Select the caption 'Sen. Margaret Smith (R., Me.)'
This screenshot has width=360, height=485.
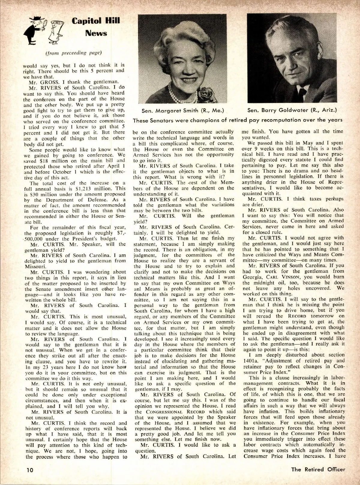pos(183,110)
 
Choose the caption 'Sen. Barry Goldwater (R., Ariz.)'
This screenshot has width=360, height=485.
pos(292,110)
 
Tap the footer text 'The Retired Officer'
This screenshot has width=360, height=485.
pos(318,469)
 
